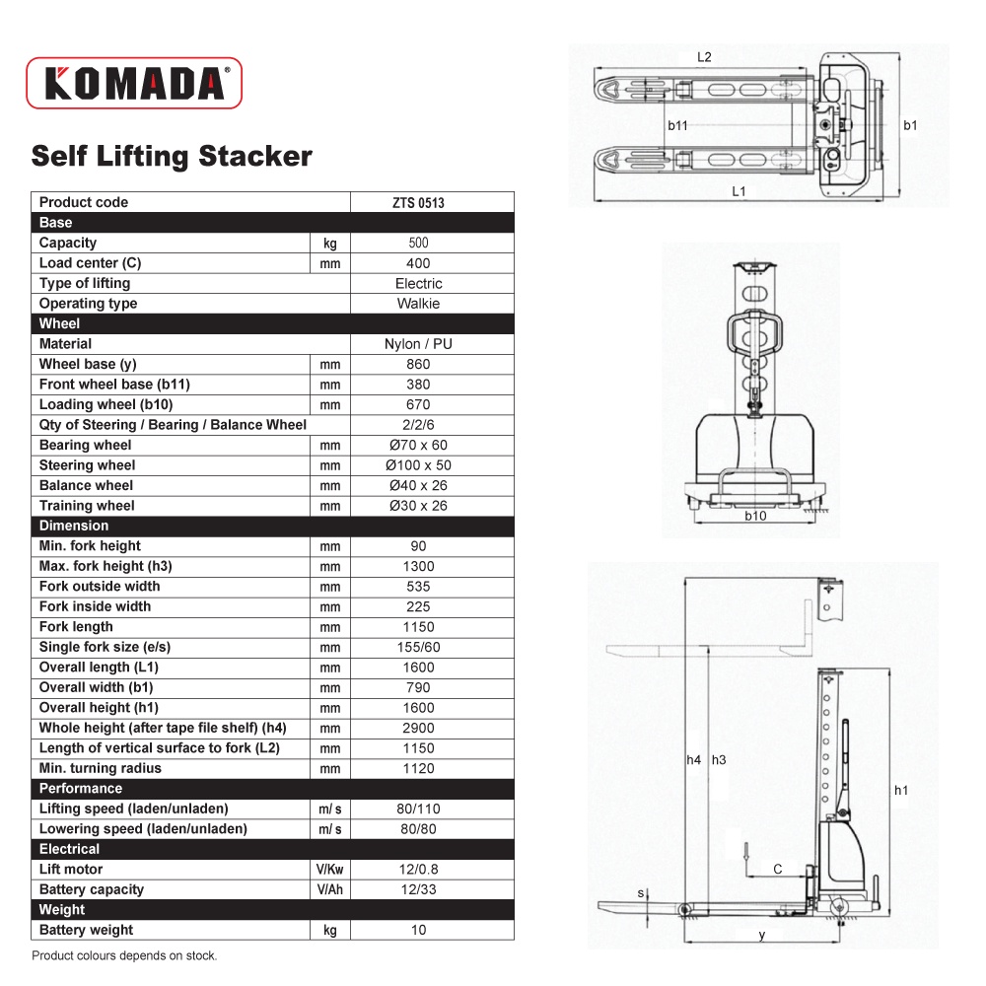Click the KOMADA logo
(x=134, y=83)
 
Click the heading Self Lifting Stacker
(x=172, y=156)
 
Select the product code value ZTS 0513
(x=418, y=202)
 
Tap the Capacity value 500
(x=418, y=243)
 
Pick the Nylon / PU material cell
(x=418, y=344)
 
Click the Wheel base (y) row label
(x=88, y=364)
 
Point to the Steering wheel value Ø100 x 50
(x=418, y=465)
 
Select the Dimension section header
(x=74, y=526)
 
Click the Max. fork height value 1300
(x=418, y=567)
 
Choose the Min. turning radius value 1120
(x=418, y=768)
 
